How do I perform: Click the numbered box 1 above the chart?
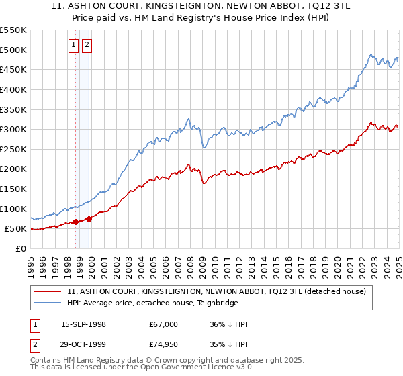[x=74, y=45]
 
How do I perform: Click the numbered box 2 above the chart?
[x=88, y=45]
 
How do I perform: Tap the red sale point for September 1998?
[x=76, y=221]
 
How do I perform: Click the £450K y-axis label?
[x=13, y=69]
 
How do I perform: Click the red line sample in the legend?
[x=48, y=291]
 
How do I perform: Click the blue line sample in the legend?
[x=48, y=303]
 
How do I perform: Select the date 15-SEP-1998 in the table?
[x=83, y=324]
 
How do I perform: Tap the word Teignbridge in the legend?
[x=193, y=303]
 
